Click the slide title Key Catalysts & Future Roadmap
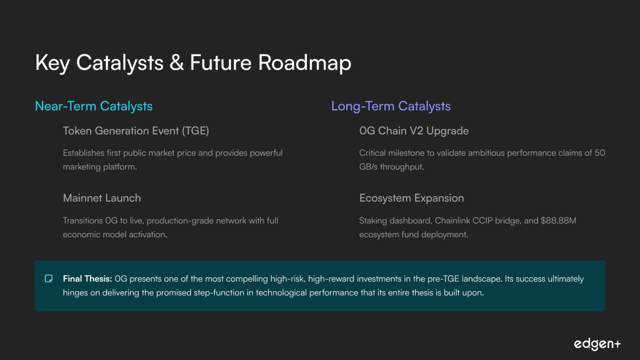[193, 63]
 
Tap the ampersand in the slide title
[177, 62]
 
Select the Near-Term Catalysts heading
[94, 107]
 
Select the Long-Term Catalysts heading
[391, 107]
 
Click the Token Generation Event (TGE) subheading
[136, 131]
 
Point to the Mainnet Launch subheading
[102, 198]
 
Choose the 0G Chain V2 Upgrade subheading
[414, 131]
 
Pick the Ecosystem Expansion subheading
[412, 198]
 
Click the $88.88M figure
[559, 220]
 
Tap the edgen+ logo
[597, 344]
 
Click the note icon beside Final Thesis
[49, 279]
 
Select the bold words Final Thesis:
[87, 279]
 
